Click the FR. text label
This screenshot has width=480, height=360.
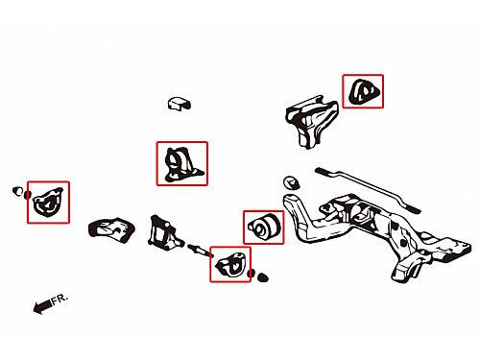[60, 300]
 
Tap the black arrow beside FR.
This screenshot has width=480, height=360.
[42, 306]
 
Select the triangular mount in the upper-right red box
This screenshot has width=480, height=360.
[364, 92]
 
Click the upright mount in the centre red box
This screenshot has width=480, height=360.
[182, 164]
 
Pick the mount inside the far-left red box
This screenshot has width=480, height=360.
[48, 202]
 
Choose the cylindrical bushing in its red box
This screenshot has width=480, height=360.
[264, 227]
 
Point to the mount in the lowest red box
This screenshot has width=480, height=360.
[231, 264]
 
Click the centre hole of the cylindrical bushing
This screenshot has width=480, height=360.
[259, 228]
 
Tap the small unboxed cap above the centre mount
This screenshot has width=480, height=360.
[180, 104]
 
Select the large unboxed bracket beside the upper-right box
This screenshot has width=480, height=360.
[311, 121]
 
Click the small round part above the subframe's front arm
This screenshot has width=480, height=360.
[291, 182]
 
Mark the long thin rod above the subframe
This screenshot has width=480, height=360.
[368, 189]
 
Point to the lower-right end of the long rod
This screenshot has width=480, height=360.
[418, 210]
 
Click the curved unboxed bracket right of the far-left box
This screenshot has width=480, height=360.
[111, 229]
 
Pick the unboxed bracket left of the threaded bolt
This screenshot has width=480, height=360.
[164, 232]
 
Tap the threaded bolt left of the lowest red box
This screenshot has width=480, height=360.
[200, 251]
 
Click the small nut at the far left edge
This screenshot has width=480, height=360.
[17, 191]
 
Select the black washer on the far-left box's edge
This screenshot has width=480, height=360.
[28, 195]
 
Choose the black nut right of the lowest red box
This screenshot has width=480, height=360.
[263, 277]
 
